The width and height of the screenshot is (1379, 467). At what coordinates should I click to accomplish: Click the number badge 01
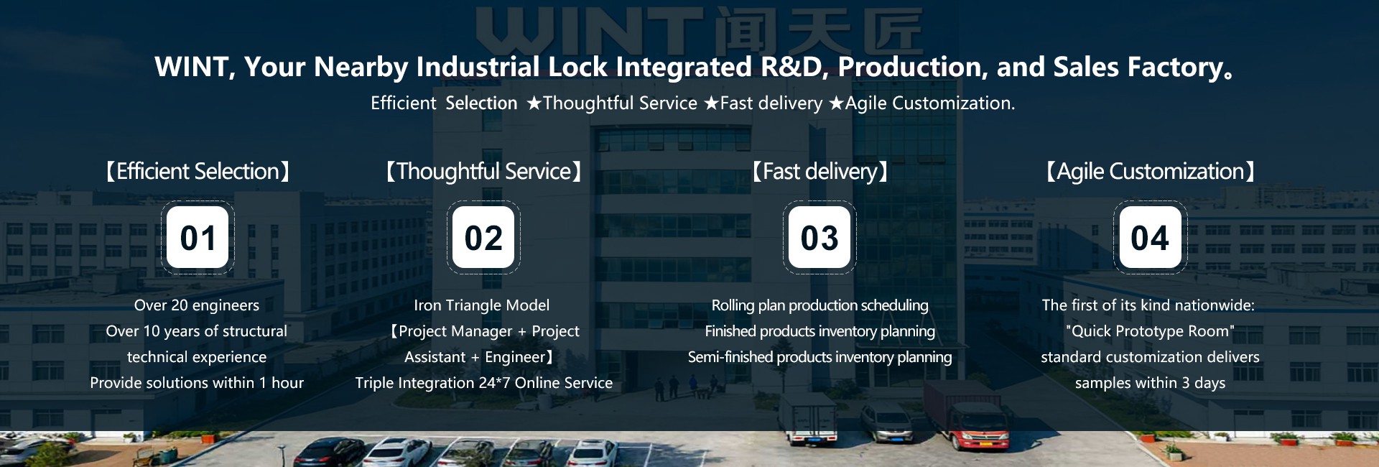[198, 237]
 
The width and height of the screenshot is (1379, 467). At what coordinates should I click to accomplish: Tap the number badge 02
[483, 237]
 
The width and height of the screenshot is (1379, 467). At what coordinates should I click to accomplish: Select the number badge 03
[819, 237]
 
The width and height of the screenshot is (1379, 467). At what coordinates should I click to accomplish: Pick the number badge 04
[1150, 237]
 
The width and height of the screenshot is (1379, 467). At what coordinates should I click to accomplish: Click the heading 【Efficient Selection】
[198, 172]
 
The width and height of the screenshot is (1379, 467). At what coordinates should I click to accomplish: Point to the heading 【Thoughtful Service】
[483, 172]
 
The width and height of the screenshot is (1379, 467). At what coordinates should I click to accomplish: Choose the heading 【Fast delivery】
[819, 172]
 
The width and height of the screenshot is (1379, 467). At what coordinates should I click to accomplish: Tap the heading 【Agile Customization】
[1150, 172]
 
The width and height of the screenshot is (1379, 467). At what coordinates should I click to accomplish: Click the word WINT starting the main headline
[191, 68]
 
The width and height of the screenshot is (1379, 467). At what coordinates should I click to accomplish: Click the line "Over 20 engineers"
[197, 305]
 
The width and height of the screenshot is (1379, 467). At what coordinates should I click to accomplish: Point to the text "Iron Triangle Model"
[482, 305]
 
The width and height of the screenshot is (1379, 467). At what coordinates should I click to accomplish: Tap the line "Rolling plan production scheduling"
[819, 305]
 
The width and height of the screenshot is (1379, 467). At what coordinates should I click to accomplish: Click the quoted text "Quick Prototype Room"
[1150, 331]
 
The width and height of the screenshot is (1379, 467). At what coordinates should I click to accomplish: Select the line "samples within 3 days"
[1150, 383]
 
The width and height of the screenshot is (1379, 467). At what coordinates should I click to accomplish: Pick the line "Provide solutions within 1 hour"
[197, 383]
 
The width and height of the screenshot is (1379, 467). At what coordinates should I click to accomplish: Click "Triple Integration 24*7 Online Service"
[483, 383]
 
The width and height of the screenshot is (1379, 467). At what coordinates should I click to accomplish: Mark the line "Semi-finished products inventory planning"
[819, 357]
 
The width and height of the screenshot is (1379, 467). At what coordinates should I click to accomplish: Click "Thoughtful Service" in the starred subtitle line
[620, 103]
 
